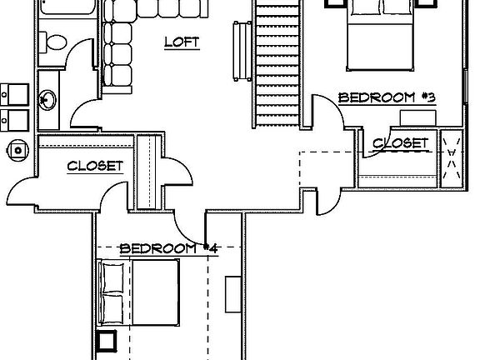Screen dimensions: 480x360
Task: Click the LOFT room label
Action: pyautogui.click(x=182, y=42)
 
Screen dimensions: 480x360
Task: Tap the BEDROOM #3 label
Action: pyautogui.click(x=387, y=97)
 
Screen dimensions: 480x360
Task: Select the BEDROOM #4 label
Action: pyautogui.click(x=168, y=248)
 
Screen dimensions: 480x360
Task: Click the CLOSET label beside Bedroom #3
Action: pyautogui.click(x=400, y=143)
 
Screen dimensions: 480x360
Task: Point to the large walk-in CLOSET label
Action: pyautogui.click(x=95, y=166)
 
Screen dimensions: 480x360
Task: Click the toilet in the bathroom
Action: pyautogui.click(x=52, y=42)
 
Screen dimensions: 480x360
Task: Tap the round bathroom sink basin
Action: pyautogui.click(x=47, y=99)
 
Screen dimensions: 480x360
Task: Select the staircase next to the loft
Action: pyautogui.click(x=277, y=63)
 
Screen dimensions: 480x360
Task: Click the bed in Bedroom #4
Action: pyautogui.click(x=138, y=292)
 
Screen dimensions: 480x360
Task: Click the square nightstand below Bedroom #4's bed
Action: pyautogui.click(x=106, y=341)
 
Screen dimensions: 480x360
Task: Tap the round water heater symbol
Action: pyautogui.click(x=17, y=150)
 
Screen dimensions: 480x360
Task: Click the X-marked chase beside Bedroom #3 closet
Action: pyautogui.click(x=451, y=158)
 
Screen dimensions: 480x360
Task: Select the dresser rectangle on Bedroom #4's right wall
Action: pyautogui.click(x=233, y=294)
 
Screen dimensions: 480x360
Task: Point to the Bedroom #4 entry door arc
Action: pyautogui.click(x=187, y=231)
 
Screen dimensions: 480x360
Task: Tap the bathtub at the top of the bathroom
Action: pyautogui.click(x=67, y=7)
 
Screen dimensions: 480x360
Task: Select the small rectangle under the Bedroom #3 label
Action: pyautogui.click(x=417, y=117)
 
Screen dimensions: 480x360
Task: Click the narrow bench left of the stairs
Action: pyautogui.click(x=242, y=51)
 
